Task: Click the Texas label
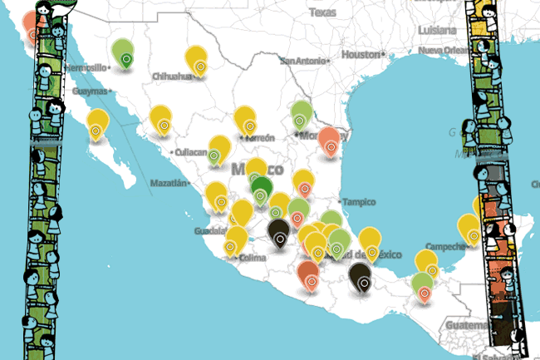click(323, 12)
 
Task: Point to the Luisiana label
click(437, 29)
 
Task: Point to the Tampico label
click(359, 202)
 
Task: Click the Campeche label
click(441, 246)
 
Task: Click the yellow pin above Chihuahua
click(197, 59)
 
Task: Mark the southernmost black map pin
click(361, 278)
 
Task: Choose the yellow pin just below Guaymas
click(97, 124)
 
